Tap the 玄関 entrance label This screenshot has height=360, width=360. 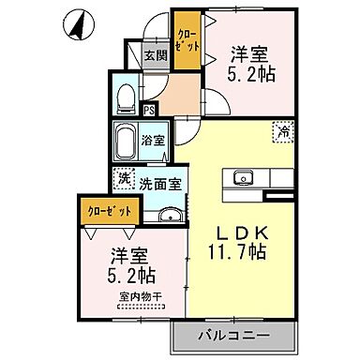156,55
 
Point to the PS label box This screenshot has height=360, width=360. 149,110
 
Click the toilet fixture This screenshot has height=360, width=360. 126,97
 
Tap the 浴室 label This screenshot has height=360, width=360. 153,141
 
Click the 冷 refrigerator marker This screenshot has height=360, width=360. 281,132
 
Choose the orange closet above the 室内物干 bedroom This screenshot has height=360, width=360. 106,210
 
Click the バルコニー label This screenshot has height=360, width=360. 233,334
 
